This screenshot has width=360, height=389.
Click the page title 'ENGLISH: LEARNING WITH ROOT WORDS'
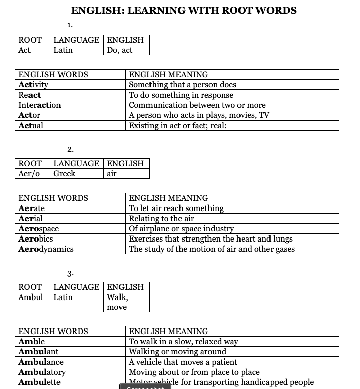pyautogui.click(x=184, y=10)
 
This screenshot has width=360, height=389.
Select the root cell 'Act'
pyautogui.click(x=24, y=50)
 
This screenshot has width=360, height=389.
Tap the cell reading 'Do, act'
pyautogui.click(x=119, y=50)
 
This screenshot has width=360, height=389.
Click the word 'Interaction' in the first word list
pyautogui.click(x=40, y=105)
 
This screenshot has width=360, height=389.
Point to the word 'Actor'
pyautogui.click(x=29, y=115)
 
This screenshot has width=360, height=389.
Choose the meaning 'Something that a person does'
pyautogui.click(x=183, y=85)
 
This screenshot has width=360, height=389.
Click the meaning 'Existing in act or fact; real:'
pyautogui.click(x=177, y=126)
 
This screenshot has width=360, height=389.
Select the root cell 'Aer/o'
pyautogui.click(x=29, y=174)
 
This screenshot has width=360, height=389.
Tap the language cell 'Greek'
pyautogui.click(x=65, y=174)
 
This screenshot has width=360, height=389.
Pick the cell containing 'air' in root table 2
pyautogui.click(x=112, y=174)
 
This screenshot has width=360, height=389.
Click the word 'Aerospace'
pyautogui.click(x=39, y=229)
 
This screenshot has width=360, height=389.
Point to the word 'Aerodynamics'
pyautogui.click(x=46, y=249)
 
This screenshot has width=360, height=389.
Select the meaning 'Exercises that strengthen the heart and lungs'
pyautogui.click(x=211, y=239)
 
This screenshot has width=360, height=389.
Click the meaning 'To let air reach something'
pyautogui.click(x=176, y=208)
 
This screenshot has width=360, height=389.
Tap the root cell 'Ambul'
pyautogui.click(x=31, y=297)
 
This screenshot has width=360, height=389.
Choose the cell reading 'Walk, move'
pyautogui.click(x=117, y=302)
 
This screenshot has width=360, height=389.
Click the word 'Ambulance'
pyautogui.click(x=41, y=362)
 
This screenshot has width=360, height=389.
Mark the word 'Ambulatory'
pyautogui.click(x=42, y=372)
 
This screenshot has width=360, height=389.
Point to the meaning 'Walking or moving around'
pyautogui.click(x=177, y=352)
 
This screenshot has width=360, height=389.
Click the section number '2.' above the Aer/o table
pyautogui.click(x=70, y=149)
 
